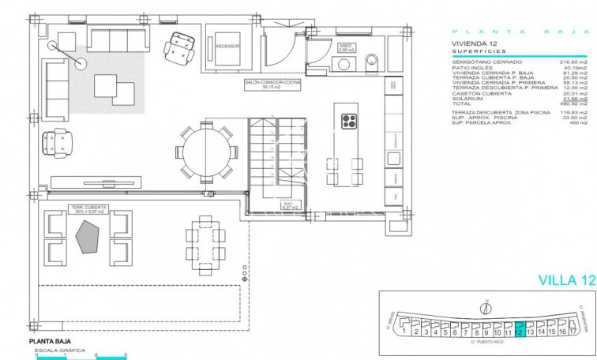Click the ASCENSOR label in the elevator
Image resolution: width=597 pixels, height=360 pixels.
click(x=227, y=46)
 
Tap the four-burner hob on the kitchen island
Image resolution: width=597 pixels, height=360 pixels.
click(x=350, y=121)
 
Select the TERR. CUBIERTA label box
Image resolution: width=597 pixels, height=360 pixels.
click(x=87, y=210)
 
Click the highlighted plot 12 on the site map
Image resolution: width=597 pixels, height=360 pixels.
click(x=519, y=330)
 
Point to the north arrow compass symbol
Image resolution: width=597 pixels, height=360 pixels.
click(x=486, y=307)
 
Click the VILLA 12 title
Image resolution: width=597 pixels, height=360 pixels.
click(x=565, y=279)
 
